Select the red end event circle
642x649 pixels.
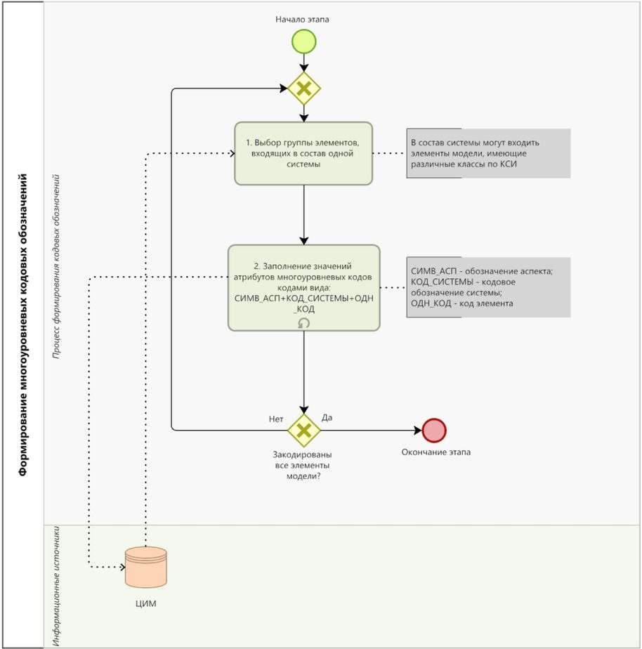pos(434,430)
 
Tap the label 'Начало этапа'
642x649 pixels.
pos(302,19)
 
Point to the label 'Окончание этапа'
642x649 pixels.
pos(435,452)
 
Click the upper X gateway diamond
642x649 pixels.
pos(303,88)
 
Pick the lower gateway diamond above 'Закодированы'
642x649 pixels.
pos(303,430)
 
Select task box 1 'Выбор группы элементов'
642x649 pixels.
pos(303,153)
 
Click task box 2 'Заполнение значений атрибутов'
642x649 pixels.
pos(303,287)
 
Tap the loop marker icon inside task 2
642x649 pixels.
pos(303,322)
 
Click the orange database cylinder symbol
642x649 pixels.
pos(145,567)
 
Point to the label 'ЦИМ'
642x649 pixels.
pos(145,603)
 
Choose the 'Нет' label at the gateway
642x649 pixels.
pos(276,419)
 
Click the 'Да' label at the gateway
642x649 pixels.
pos(327,417)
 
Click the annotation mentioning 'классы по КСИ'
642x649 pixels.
pos(487,153)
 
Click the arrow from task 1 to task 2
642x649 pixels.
pos(303,214)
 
